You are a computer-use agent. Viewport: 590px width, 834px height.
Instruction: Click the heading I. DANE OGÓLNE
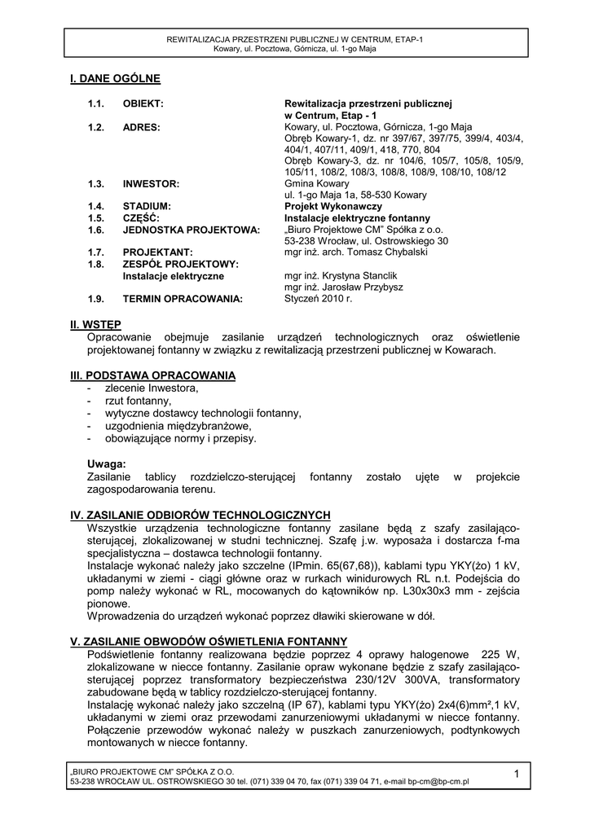tap(115, 79)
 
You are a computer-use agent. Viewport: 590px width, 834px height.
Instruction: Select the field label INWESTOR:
tap(151, 184)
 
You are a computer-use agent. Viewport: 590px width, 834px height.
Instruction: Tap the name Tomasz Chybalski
tap(388, 252)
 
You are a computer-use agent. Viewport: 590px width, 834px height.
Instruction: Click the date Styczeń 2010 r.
tap(318, 299)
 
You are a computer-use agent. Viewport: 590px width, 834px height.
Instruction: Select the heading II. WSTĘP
tap(96, 325)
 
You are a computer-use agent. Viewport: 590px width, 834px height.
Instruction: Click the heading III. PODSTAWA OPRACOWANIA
tap(153, 375)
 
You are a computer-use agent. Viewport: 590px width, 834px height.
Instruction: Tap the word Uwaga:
tap(106, 463)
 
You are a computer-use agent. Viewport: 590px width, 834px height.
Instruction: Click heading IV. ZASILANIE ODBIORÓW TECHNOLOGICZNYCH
tap(200, 515)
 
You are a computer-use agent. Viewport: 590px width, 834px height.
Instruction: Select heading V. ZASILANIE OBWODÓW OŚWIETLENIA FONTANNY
tap(209, 642)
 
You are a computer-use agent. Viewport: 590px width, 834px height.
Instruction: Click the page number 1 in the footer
tap(517, 774)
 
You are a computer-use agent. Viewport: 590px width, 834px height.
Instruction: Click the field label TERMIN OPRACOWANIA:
tap(183, 300)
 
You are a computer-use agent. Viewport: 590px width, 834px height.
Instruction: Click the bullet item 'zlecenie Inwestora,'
tap(152, 388)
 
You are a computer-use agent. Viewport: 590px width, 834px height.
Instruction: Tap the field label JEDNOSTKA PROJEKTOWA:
tap(191, 230)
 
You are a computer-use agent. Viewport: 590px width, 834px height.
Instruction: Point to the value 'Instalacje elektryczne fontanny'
tap(357, 218)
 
